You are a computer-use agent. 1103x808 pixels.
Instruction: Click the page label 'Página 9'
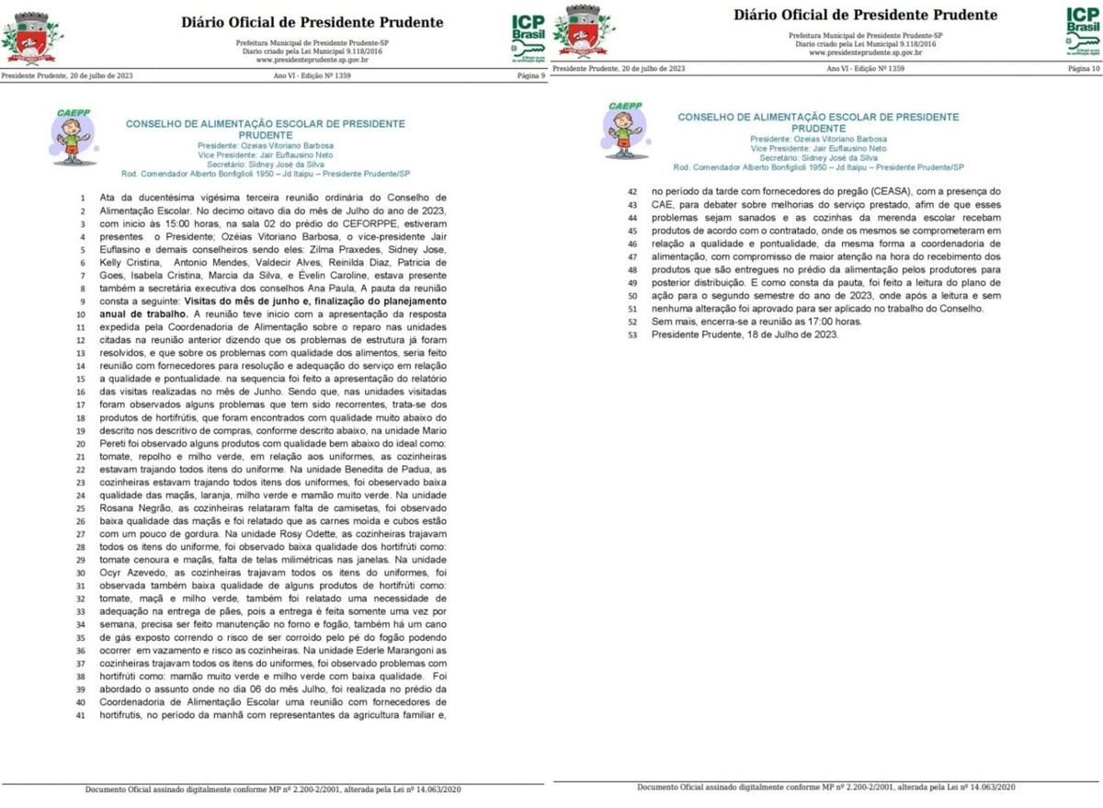(531, 76)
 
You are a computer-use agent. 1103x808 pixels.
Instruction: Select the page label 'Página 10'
(1082, 69)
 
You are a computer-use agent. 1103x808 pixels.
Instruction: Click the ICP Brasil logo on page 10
(1082, 32)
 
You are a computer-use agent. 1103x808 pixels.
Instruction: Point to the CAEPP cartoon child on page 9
(72, 136)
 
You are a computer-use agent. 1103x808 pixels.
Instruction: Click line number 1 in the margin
(83, 198)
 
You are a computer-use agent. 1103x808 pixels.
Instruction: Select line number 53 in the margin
(631, 335)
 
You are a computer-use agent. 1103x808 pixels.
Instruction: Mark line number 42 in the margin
(631, 192)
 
